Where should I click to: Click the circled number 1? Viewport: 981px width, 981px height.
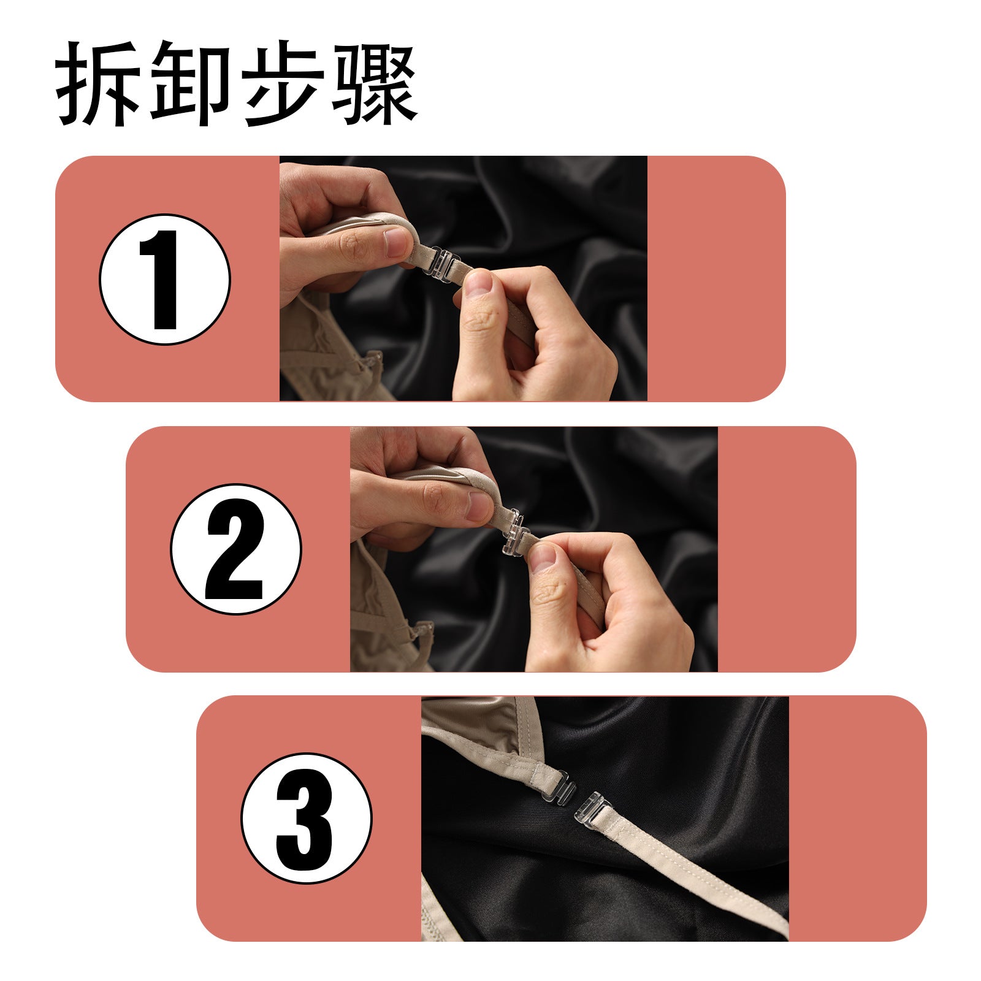pyautogui.click(x=165, y=279)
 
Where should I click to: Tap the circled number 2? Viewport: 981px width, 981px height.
pyautogui.click(x=236, y=549)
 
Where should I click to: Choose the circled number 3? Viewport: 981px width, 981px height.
pyautogui.click(x=306, y=819)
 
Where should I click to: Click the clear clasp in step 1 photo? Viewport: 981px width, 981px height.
pyautogui.click(x=442, y=262)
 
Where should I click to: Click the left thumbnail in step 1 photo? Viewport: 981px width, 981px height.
pyautogui.click(x=398, y=242)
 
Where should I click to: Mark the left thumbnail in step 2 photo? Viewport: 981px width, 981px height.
pyautogui.click(x=479, y=506)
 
